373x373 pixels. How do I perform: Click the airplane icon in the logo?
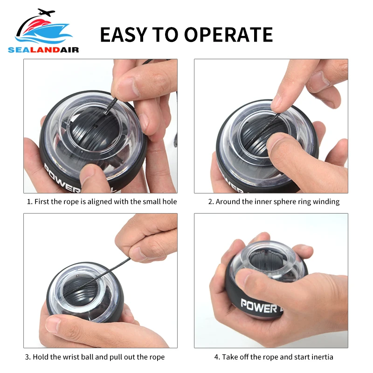click(46, 12)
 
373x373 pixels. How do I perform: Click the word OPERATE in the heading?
click(228, 35)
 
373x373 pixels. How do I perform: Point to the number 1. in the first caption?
click(29, 202)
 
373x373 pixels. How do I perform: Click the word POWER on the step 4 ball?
click(259, 306)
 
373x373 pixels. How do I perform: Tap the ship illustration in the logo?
click(44, 33)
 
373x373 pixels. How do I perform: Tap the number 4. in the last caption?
click(217, 357)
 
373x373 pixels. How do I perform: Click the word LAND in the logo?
click(45, 50)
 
